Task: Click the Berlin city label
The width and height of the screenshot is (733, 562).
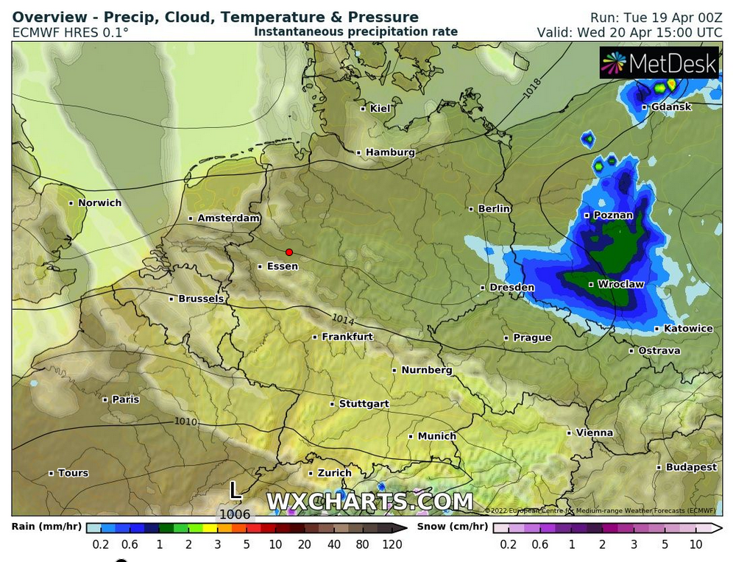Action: [x=494, y=209]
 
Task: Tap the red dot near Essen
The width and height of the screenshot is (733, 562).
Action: [x=289, y=252]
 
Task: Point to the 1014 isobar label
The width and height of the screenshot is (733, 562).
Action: [x=342, y=319]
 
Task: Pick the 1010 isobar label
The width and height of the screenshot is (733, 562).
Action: [x=186, y=421]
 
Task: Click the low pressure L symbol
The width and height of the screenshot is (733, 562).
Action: [x=235, y=490]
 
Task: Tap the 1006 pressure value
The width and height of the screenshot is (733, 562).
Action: [x=235, y=514]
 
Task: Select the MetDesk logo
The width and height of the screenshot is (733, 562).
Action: [x=659, y=64]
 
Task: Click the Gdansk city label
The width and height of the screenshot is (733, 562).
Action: [x=671, y=107]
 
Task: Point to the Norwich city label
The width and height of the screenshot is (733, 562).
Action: [x=99, y=202]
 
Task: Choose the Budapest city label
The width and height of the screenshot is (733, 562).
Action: [x=691, y=467]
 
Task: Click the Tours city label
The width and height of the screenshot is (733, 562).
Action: [x=73, y=473]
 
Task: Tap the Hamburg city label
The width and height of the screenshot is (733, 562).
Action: [x=390, y=152]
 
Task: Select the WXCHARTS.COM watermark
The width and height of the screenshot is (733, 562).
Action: [x=369, y=502]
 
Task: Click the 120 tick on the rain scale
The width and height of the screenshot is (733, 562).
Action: [x=392, y=544]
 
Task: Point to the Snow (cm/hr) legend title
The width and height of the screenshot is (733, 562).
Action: [x=452, y=527]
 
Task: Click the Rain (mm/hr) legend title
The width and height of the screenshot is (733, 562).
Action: [x=46, y=527]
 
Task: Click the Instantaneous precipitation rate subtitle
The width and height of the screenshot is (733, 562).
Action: [x=355, y=32]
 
